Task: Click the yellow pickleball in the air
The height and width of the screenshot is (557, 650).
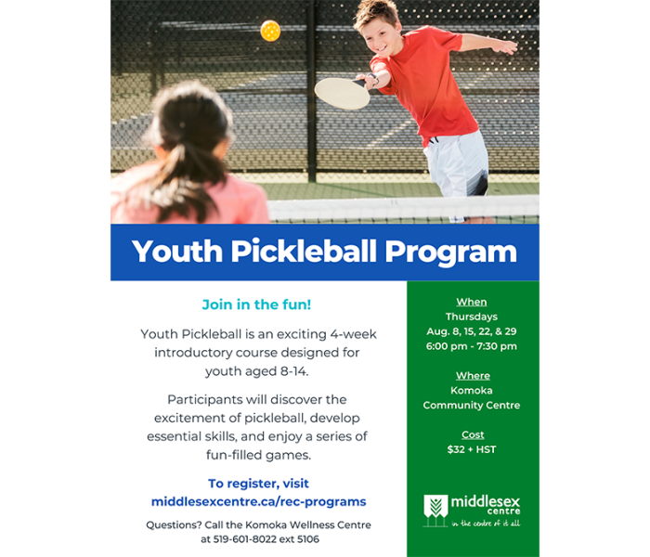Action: point(270,31)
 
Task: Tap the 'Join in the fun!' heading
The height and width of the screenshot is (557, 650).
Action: point(258,304)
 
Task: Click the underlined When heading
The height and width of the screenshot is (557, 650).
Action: point(472,302)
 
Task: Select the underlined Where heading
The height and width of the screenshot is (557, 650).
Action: point(473,376)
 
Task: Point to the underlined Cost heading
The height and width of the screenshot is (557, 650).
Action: point(473,434)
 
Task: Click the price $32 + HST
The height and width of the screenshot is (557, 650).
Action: point(472,449)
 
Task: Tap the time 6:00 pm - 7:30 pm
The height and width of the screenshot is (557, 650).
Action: point(473,346)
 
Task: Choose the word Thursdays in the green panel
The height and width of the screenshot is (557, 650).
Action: point(472,317)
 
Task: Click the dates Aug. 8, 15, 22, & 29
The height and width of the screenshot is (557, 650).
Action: point(472,331)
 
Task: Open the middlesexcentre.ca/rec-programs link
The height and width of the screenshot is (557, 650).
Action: point(258,501)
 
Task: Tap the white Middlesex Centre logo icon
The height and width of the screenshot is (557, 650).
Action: point(435,508)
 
